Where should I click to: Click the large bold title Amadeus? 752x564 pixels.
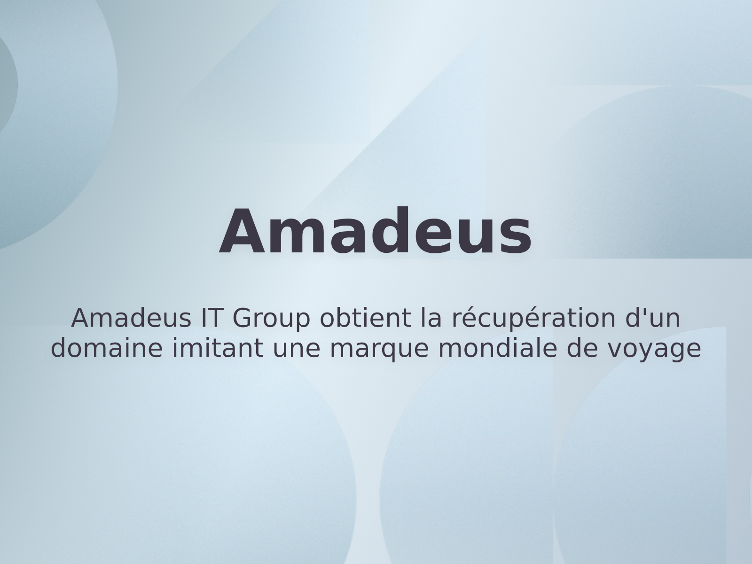coord(376,233)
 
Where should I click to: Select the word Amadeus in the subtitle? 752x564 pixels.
coord(131,318)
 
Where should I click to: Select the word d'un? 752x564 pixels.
coord(653,318)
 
